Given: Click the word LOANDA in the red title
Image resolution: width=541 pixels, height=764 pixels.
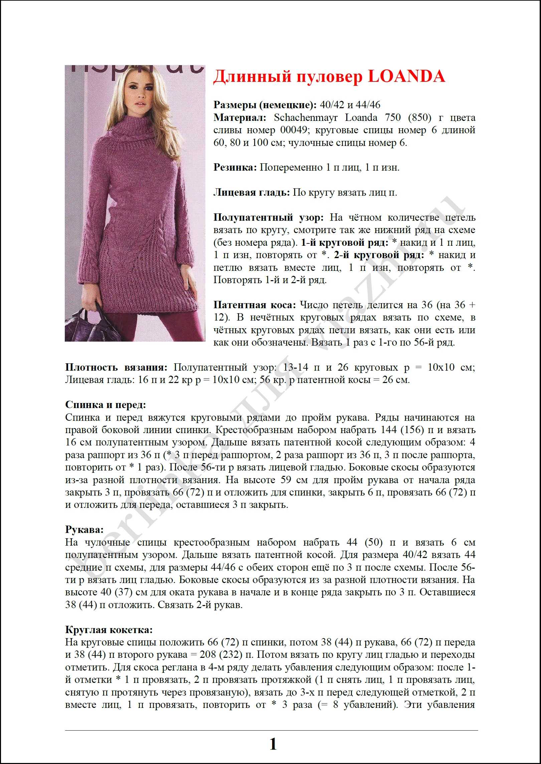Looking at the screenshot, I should [x=406, y=76].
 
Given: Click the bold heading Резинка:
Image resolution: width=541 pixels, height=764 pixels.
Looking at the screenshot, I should [x=235, y=167].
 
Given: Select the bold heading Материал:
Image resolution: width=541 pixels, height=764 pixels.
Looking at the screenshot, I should [x=240, y=118].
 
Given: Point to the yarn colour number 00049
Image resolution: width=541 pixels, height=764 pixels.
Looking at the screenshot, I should [x=293, y=130].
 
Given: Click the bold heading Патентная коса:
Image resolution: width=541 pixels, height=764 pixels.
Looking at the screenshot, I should [x=254, y=305].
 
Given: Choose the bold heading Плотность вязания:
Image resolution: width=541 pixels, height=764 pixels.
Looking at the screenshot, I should [x=116, y=368].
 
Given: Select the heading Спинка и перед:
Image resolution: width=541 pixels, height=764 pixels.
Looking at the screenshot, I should [x=106, y=405].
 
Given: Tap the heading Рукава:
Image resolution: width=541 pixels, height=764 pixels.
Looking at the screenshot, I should [x=84, y=530].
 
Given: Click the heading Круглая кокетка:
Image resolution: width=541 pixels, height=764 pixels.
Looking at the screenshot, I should [x=109, y=630].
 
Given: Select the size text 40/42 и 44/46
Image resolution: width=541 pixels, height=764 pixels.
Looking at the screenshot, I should [x=350, y=105].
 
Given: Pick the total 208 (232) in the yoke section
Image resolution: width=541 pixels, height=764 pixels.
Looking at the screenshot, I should [x=221, y=655].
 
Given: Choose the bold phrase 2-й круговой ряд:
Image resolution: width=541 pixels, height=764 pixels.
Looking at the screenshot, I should [x=379, y=255].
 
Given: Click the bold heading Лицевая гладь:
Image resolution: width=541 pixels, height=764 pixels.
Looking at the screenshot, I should [x=251, y=193].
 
